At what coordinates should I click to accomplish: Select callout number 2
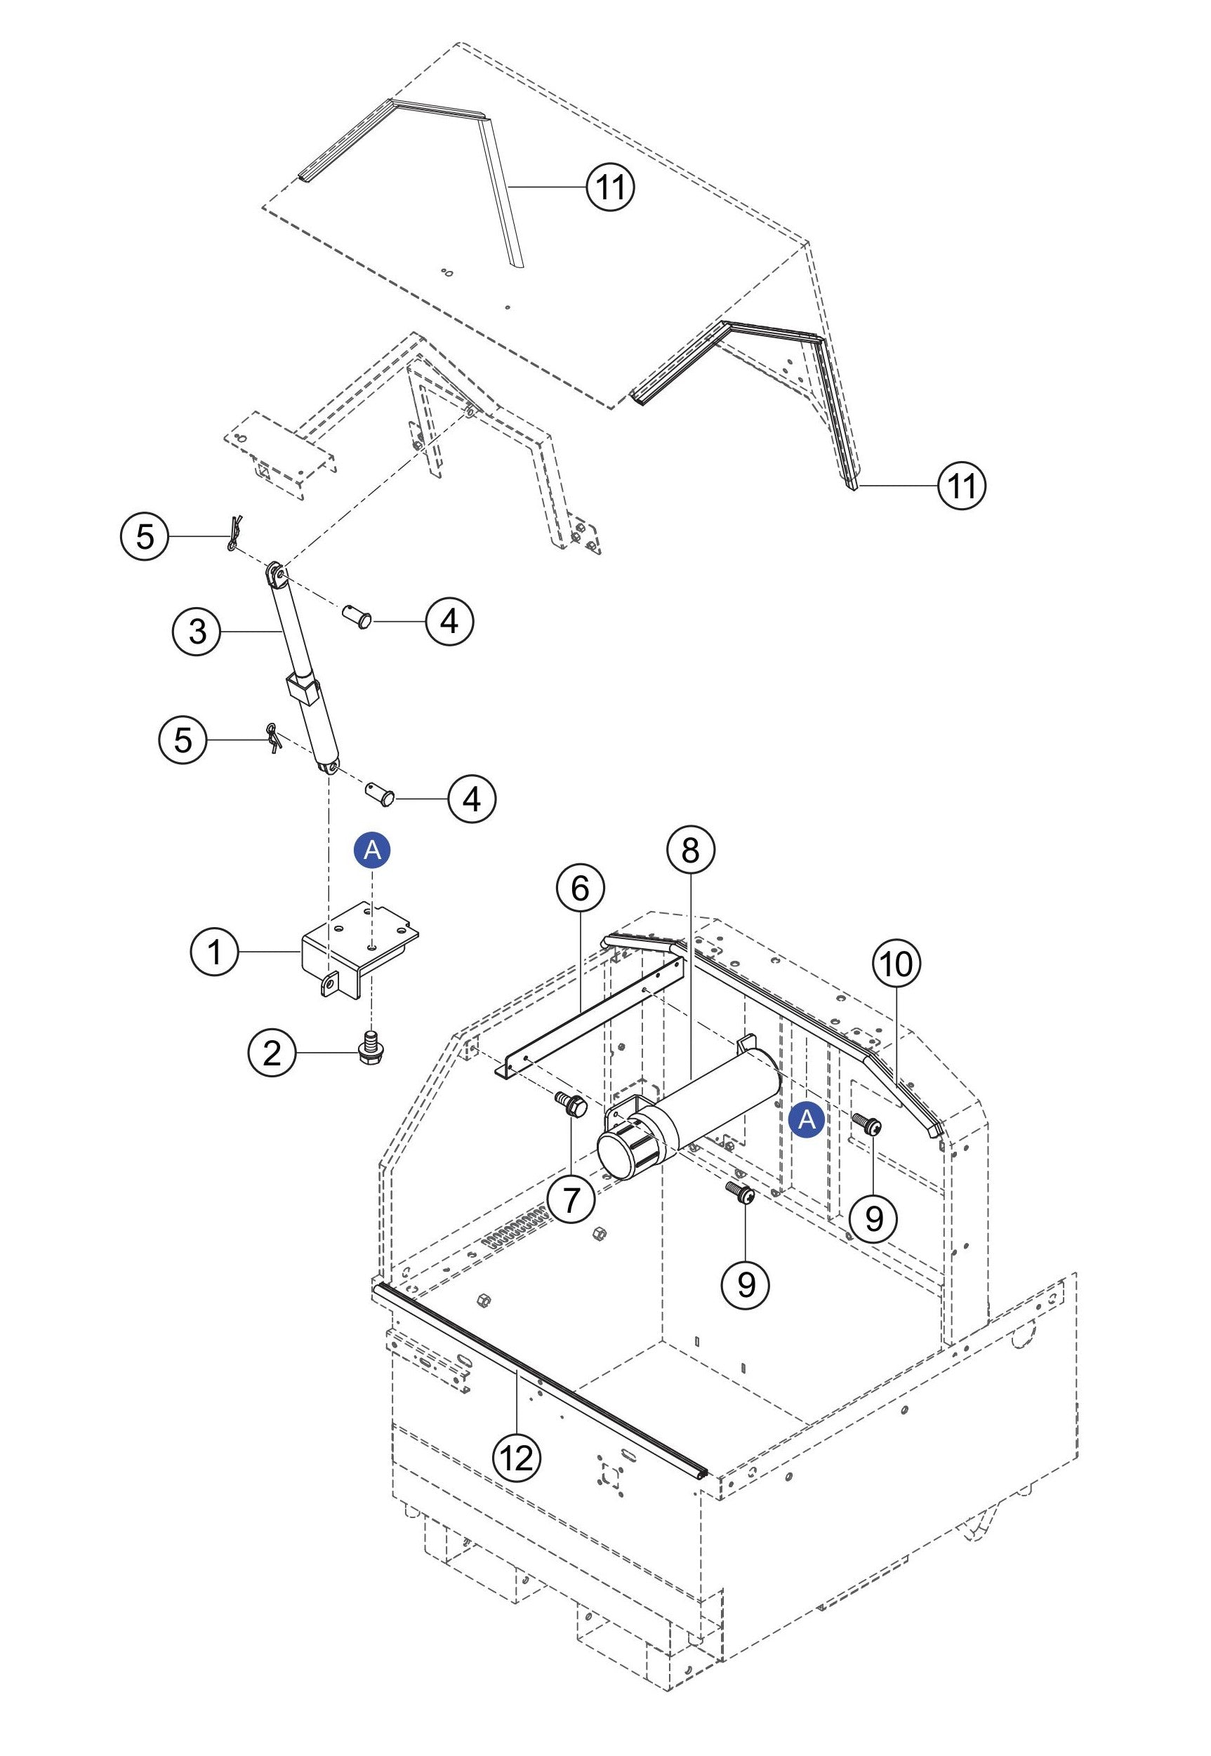(x=271, y=1052)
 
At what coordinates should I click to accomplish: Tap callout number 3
(x=197, y=630)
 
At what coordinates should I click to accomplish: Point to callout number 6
(x=580, y=889)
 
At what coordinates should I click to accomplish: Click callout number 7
(x=571, y=1199)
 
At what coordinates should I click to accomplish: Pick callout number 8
(x=689, y=851)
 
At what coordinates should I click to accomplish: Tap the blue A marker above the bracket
(x=373, y=851)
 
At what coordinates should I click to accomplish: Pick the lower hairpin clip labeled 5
(x=273, y=736)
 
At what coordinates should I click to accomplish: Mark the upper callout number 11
(x=611, y=186)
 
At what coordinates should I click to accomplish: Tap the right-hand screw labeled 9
(x=866, y=1124)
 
